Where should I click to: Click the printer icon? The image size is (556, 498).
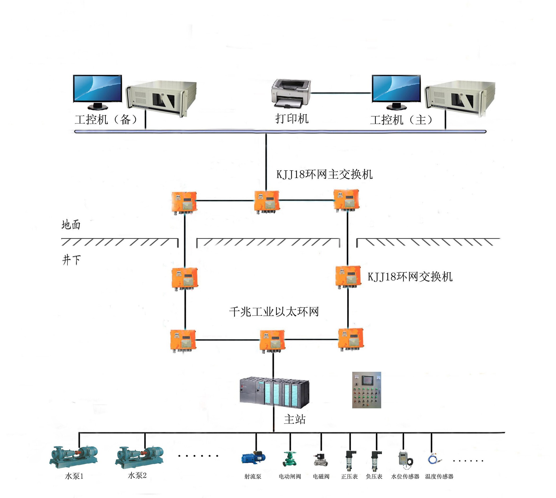point(291,93)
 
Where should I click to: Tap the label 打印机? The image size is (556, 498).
point(292,119)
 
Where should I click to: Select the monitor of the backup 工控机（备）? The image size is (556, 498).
point(97,89)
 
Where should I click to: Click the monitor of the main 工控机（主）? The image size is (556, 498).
point(396,89)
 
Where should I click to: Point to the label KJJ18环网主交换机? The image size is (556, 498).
point(324,174)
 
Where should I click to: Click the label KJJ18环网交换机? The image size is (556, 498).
point(410,277)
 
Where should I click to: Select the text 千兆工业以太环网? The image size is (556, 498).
point(274,312)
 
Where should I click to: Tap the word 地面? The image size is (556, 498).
point(71,225)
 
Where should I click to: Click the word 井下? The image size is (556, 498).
point(71,260)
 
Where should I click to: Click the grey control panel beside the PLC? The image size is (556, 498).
point(366,390)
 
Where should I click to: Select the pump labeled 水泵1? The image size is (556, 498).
point(74,457)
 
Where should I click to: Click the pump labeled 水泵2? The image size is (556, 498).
point(139,457)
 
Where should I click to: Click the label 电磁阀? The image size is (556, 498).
point(321,477)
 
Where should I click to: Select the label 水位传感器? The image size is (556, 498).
point(405,477)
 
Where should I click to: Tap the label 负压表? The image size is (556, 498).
point(374,477)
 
